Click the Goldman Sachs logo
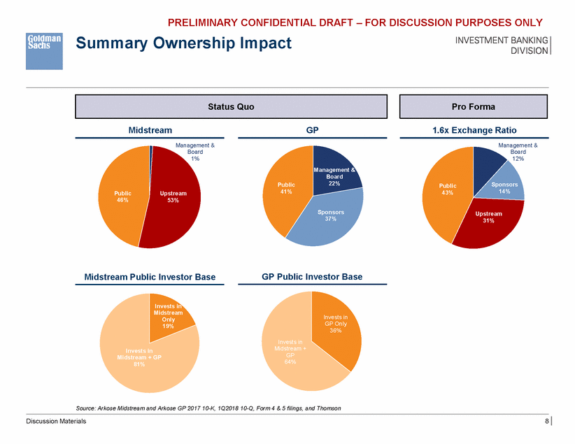[44, 50]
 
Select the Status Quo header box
[231, 107]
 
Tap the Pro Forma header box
[474, 107]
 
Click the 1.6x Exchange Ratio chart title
[474, 130]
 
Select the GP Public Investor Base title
[312, 277]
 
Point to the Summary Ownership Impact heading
[183, 44]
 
